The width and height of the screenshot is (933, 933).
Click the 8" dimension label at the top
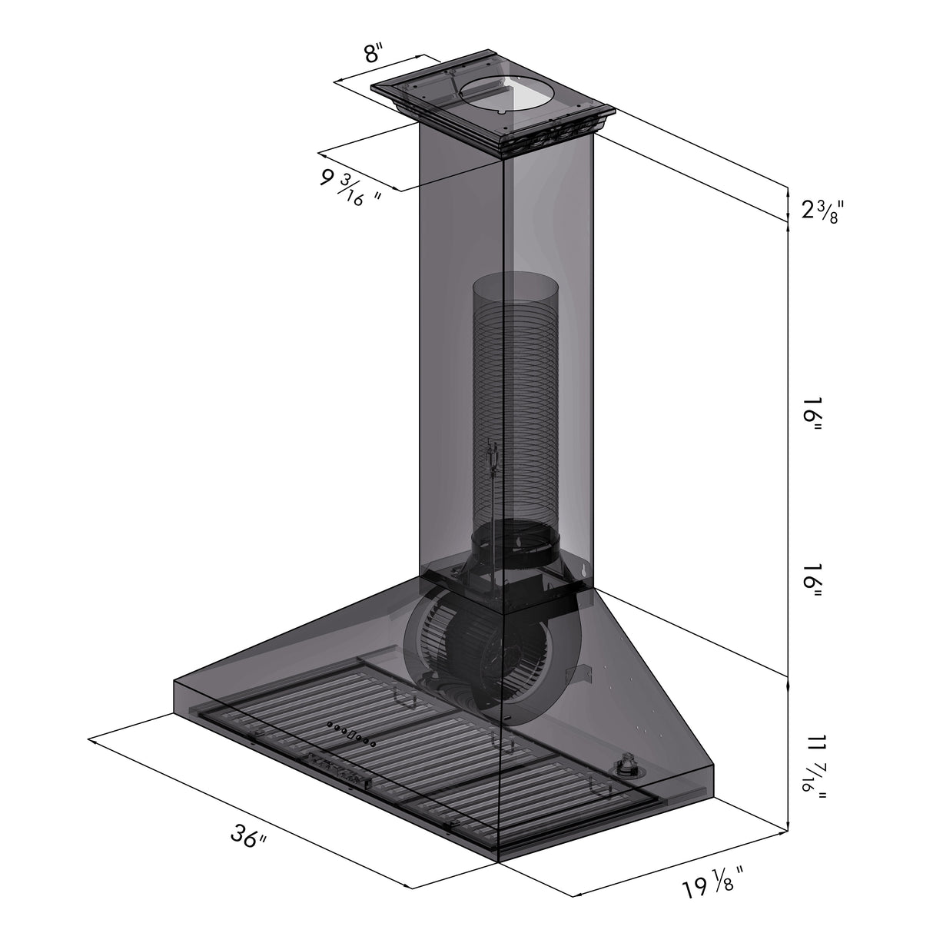[x=372, y=55]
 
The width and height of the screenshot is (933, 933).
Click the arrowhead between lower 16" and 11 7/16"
[x=788, y=676]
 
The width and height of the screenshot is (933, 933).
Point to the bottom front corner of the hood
[x=500, y=862]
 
